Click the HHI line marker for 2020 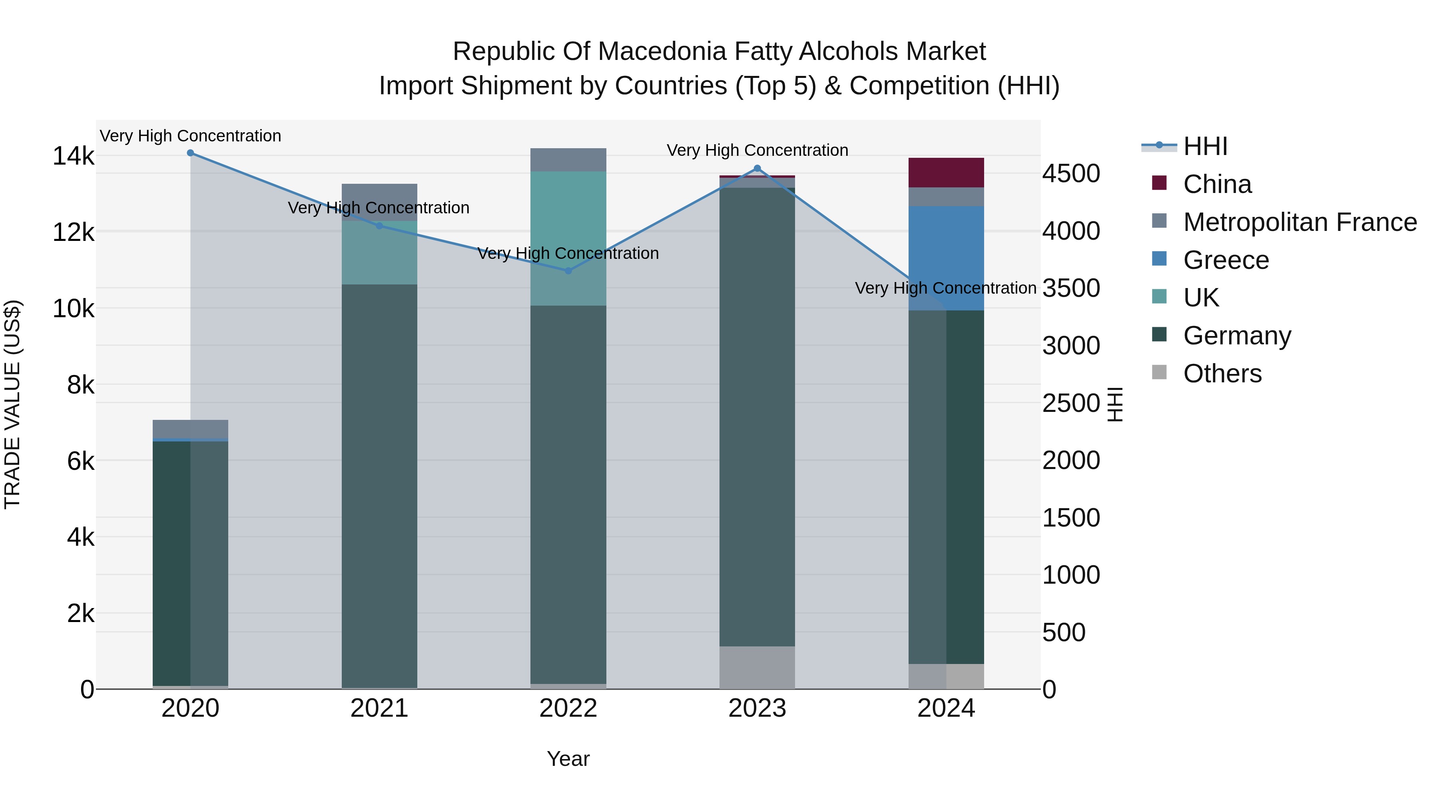(x=191, y=153)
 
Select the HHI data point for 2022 (x=568, y=271)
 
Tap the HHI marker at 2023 (x=757, y=168)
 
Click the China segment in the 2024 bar (x=946, y=173)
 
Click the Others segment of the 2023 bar (x=757, y=667)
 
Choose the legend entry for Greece (x=1226, y=260)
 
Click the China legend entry (x=1217, y=184)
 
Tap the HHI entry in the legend (x=1205, y=146)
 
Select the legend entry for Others (x=1222, y=373)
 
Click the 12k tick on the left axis (x=74, y=232)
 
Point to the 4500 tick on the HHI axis (x=1071, y=174)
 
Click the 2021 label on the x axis (x=379, y=708)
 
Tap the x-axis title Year (x=568, y=759)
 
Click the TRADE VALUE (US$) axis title (x=12, y=404)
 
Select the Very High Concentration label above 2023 (x=757, y=150)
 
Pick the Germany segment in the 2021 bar (x=379, y=486)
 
